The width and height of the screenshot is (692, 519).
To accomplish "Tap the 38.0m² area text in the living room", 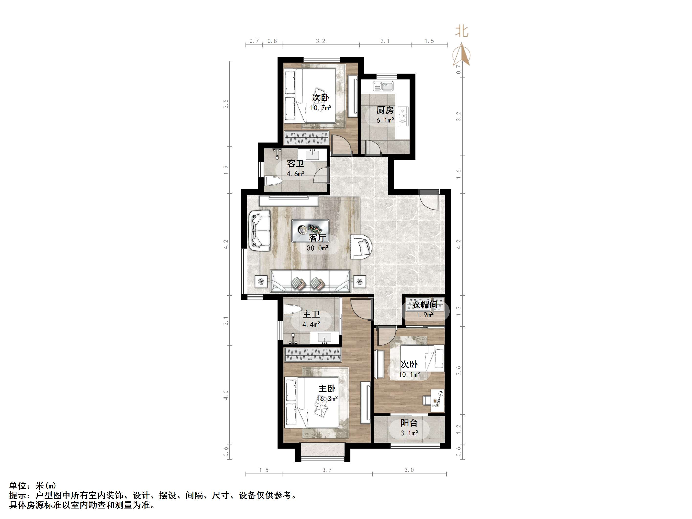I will (318, 248).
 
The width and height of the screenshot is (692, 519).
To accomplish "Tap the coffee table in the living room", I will (310, 231).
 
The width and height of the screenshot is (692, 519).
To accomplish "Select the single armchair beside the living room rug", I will (361, 247).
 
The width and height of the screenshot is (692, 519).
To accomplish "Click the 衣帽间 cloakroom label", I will (424, 304).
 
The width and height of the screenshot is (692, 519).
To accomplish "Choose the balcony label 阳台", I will (409, 423).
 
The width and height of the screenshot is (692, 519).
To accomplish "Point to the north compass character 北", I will (462, 31).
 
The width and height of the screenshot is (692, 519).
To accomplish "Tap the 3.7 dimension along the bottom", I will (327, 470).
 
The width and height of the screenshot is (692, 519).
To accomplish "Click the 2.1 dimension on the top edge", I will (385, 41).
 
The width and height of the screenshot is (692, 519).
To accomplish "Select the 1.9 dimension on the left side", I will (225, 170).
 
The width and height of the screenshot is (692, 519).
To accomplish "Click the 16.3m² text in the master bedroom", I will (327, 399).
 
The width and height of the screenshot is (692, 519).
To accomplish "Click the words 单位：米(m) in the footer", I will (33, 486).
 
